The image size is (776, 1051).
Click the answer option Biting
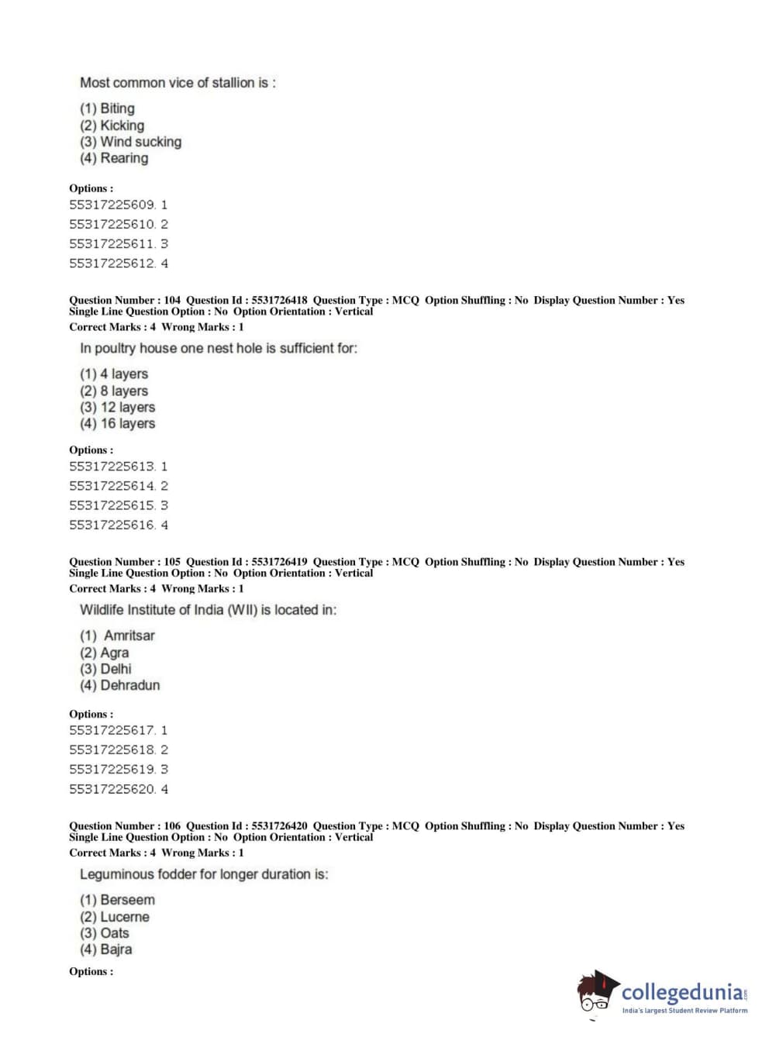(x=117, y=109)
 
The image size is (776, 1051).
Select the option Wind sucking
(x=140, y=142)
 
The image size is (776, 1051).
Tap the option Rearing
(x=124, y=158)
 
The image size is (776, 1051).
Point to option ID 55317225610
(x=112, y=224)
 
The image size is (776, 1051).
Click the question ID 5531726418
(x=279, y=300)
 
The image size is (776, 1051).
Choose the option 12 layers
(x=128, y=407)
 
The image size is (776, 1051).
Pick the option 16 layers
(x=128, y=423)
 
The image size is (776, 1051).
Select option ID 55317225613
(x=112, y=467)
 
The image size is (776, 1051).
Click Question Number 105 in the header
(x=125, y=562)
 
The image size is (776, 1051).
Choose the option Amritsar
(x=129, y=636)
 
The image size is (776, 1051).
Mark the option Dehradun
(x=130, y=685)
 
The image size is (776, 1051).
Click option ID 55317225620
(x=112, y=789)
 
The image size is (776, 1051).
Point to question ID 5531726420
(x=279, y=826)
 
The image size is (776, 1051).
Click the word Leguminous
(x=117, y=874)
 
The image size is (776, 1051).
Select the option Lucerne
(x=125, y=917)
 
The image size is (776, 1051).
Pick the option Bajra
(x=116, y=949)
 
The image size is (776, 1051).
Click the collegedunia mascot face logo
(x=597, y=993)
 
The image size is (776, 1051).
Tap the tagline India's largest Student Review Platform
(x=685, y=1011)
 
